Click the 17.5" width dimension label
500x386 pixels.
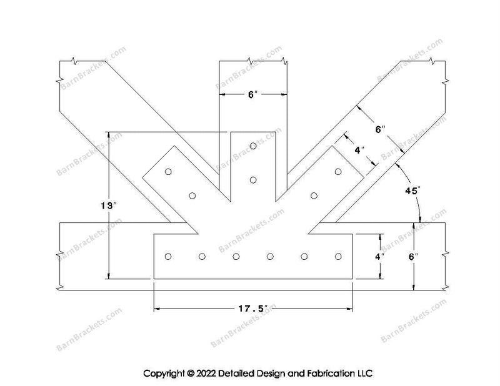[253, 309]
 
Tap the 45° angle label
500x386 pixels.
[412, 191]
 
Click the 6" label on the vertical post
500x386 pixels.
[253, 94]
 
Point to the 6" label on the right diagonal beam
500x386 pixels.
[381, 129]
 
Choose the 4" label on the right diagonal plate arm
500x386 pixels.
[359, 150]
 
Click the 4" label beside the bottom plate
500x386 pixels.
[380, 256]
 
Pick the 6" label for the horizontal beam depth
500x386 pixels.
[413, 256]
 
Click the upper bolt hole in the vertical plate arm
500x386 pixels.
[253, 146]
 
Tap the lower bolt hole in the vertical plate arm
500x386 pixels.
[253, 180]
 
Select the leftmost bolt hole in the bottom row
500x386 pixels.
[168, 256]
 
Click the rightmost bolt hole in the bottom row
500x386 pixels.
[338, 256]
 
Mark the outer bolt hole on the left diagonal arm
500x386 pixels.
[168, 172]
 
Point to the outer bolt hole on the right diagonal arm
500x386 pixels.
[338, 172]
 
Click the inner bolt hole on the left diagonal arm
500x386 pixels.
[192, 195]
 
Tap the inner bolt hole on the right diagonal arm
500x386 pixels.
[314, 195]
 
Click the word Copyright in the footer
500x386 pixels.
[164, 374]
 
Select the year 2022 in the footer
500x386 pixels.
[206, 374]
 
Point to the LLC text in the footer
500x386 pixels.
[364, 374]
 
